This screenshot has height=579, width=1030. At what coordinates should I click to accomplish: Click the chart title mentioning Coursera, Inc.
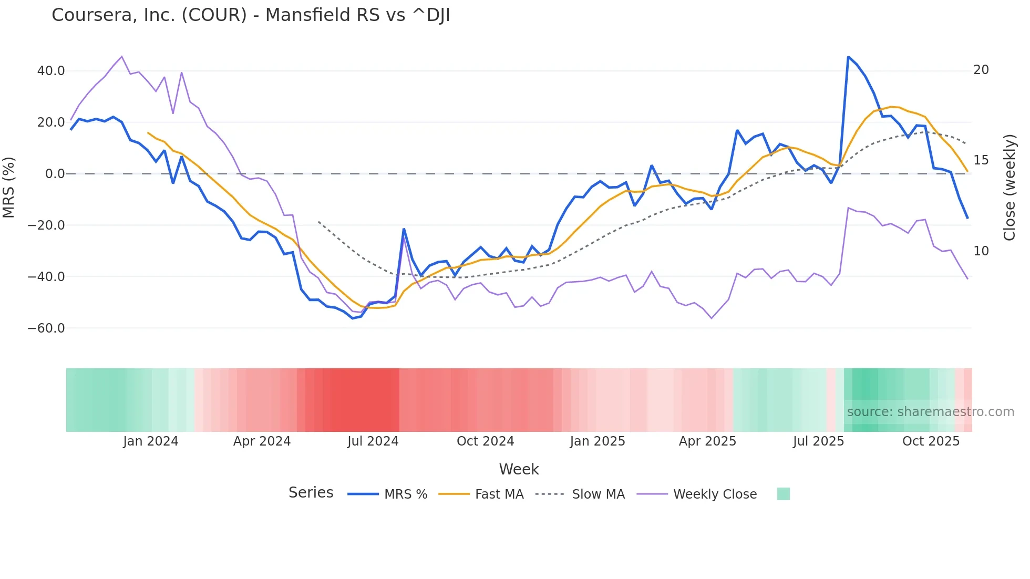(x=251, y=15)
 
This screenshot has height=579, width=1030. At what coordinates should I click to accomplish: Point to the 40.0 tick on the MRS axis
(x=51, y=71)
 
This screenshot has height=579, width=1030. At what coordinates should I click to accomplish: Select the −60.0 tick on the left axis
(x=46, y=328)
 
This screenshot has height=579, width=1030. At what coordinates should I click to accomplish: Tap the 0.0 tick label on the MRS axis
(x=55, y=174)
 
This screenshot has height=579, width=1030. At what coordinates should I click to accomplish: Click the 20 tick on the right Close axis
(x=981, y=70)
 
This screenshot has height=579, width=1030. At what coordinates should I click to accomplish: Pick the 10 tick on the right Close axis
(x=981, y=251)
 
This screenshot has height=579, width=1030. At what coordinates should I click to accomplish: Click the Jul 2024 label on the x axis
(x=373, y=441)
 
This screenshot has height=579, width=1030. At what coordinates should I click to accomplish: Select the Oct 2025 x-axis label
(x=931, y=441)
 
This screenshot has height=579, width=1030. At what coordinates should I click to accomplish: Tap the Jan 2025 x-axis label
(x=598, y=441)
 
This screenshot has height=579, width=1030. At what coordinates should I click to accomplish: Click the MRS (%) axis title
(x=9, y=187)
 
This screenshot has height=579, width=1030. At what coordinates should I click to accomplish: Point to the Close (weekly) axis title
(x=1009, y=188)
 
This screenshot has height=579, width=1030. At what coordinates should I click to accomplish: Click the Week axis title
(x=519, y=469)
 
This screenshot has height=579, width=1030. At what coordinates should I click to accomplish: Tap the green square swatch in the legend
(x=783, y=494)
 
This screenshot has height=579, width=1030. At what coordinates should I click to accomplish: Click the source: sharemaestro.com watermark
(x=930, y=412)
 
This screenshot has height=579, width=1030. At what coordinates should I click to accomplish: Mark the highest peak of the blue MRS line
(x=848, y=57)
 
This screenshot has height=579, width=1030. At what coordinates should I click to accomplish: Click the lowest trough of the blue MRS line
(x=353, y=318)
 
